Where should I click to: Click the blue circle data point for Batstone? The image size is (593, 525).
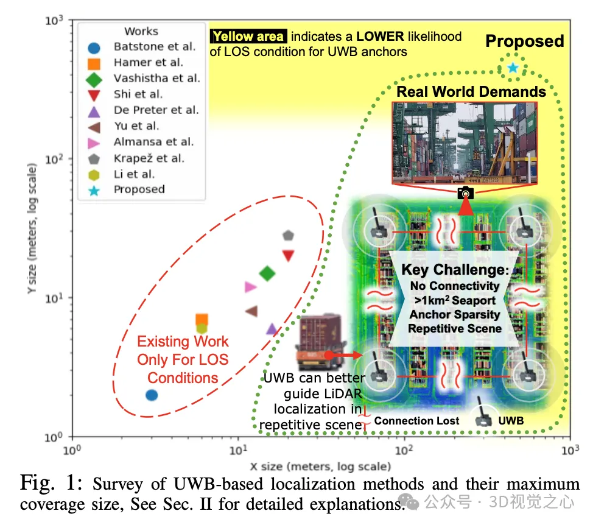coord(152,395)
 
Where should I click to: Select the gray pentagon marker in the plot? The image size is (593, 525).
coord(288,235)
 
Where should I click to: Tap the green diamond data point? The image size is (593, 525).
coord(267,273)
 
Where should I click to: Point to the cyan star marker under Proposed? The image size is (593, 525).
coord(513,67)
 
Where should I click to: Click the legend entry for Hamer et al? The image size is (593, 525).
coord(147,62)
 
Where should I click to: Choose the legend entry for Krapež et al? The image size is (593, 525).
coord(149,158)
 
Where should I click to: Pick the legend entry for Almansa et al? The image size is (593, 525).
coord(153,142)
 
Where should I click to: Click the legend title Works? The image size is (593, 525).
coord(141,31)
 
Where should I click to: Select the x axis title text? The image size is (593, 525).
coord(320,467)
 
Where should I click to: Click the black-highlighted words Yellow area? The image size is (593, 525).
coord(248,37)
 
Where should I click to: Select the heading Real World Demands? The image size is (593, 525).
coord(471,92)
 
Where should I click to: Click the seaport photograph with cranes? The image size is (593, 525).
coord(465,142)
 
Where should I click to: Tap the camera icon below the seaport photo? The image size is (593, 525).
coord(465,193)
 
